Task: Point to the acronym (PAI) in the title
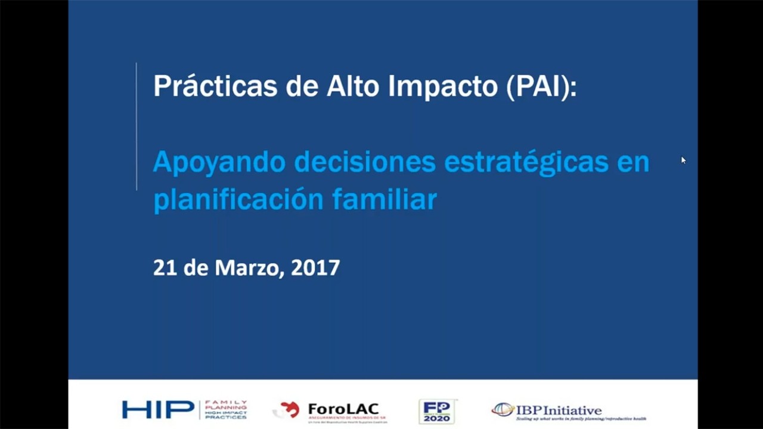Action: click(541, 87)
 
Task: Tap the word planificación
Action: click(238, 200)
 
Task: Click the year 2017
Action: click(315, 268)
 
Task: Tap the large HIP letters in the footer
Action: click(158, 410)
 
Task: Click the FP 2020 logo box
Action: click(437, 411)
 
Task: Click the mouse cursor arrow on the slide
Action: click(683, 160)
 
